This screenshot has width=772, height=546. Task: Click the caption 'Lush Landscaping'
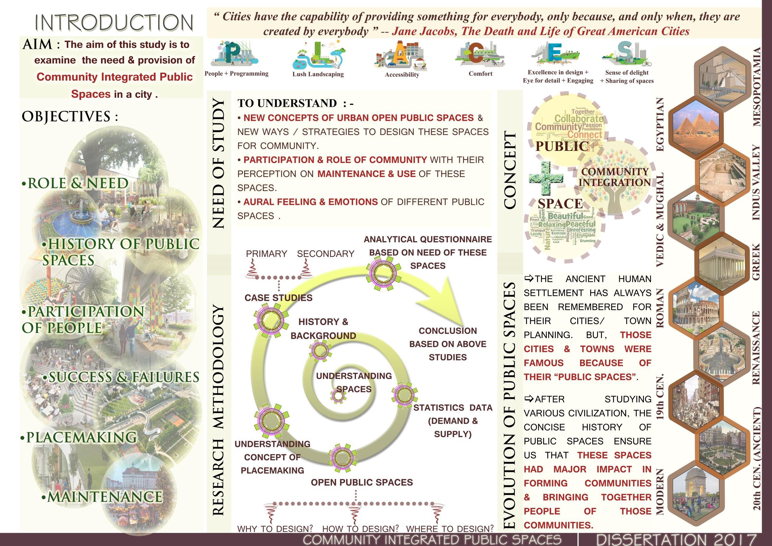tap(318, 74)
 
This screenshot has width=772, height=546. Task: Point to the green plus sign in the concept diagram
tap(546, 178)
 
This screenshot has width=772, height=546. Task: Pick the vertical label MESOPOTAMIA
tap(756, 87)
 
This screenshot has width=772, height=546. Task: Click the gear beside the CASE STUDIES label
tap(271, 320)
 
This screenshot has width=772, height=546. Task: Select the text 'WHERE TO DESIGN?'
tap(450, 529)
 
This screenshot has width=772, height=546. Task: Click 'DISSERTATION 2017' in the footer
tap(676, 539)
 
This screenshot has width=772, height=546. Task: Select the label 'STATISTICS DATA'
tap(453, 408)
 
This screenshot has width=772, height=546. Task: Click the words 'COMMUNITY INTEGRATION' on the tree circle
tap(614, 177)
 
